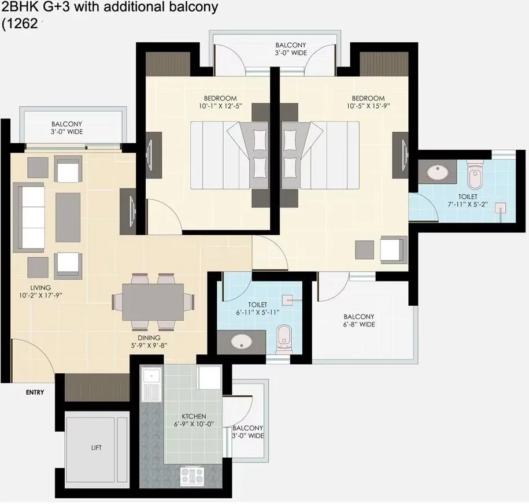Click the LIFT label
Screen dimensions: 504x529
(x=96, y=447)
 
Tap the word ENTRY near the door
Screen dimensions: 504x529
(x=35, y=392)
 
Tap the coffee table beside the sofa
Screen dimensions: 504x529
(x=68, y=217)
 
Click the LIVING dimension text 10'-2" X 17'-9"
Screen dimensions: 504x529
(x=40, y=295)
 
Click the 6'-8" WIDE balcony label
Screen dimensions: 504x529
(x=359, y=321)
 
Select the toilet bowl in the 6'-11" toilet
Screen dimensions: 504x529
(x=283, y=338)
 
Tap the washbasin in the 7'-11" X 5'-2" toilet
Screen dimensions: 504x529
(x=434, y=172)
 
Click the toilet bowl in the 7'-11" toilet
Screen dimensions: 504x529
(x=474, y=176)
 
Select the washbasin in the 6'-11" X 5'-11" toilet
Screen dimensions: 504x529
(x=239, y=341)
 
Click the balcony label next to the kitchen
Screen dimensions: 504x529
(x=248, y=432)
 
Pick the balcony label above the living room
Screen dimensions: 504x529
(x=66, y=128)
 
